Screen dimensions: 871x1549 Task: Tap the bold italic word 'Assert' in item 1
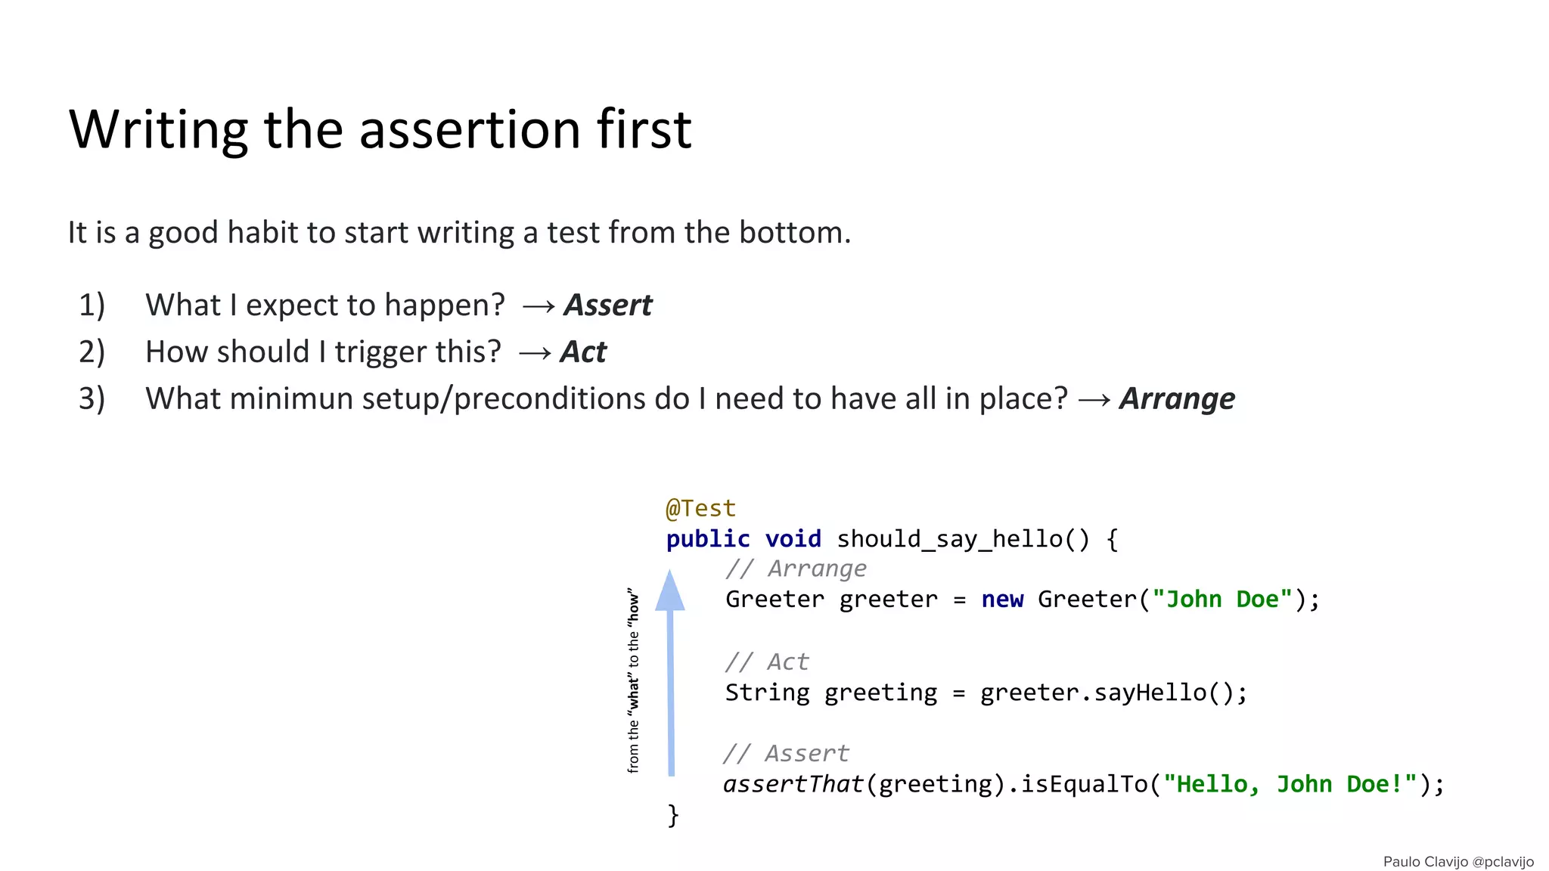point(607,305)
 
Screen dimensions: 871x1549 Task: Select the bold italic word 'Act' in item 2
point(583,352)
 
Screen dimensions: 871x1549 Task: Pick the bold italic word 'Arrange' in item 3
point(1177,399)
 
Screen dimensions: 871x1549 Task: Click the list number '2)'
point(92,352)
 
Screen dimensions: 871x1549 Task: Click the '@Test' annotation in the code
point(700,508)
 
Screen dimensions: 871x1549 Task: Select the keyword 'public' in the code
point(708,539)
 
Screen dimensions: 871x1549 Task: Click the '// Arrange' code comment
point(796,569)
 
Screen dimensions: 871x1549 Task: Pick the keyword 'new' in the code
point(1002,600)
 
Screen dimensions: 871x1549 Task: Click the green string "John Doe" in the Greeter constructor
point(1222,600)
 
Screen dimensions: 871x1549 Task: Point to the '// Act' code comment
point(767,662)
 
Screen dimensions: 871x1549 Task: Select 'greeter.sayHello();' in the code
point(1113,693)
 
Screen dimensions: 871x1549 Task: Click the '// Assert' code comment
point(786,754)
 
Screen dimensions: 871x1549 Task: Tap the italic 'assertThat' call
point(793,785)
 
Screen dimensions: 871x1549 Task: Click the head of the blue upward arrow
point(670,592)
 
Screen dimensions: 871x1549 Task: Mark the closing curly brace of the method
point(673,816)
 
